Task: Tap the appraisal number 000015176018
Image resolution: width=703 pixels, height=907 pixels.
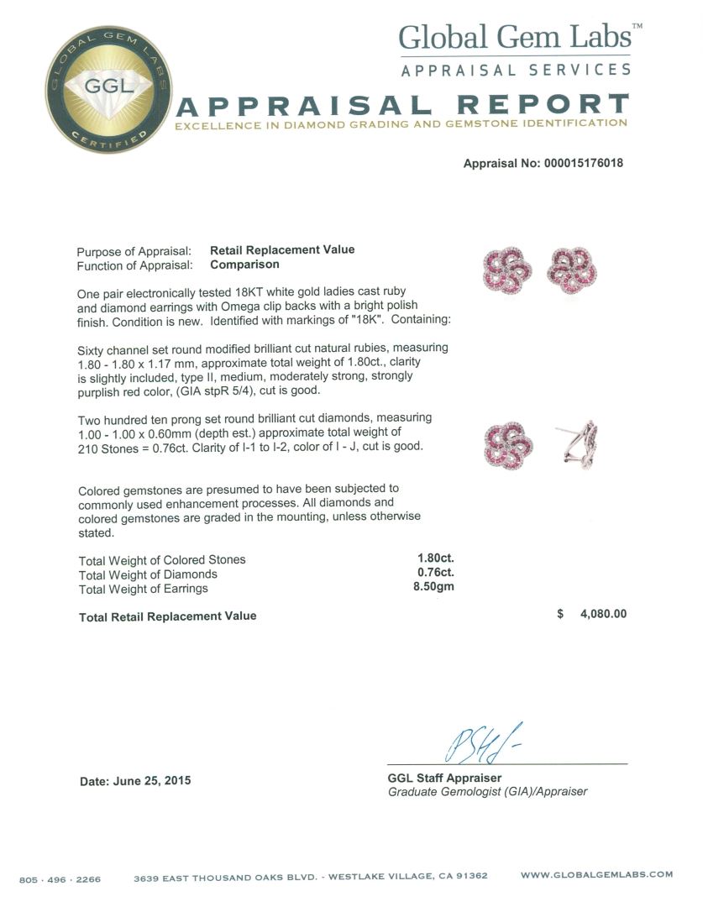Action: point(575,164)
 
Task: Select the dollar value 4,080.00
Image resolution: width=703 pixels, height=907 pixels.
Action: point(603,614)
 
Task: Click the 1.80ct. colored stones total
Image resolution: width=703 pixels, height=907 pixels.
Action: point(436,559)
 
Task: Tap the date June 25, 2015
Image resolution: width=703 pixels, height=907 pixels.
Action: point(135,781)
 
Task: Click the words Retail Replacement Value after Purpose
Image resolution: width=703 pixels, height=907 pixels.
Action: point(282,249)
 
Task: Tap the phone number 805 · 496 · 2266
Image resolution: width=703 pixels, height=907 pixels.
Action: point(60,879)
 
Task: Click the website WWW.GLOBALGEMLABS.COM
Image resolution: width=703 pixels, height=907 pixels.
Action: point(596,875)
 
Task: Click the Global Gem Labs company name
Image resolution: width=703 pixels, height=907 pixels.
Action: point(515,37)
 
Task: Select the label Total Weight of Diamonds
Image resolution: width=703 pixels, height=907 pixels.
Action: point(148,574)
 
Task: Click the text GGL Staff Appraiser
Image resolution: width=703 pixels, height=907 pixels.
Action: point(444,778)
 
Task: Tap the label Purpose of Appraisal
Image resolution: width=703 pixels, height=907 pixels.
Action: point(134,250)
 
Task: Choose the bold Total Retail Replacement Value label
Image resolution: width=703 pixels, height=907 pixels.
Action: point(167,616)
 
